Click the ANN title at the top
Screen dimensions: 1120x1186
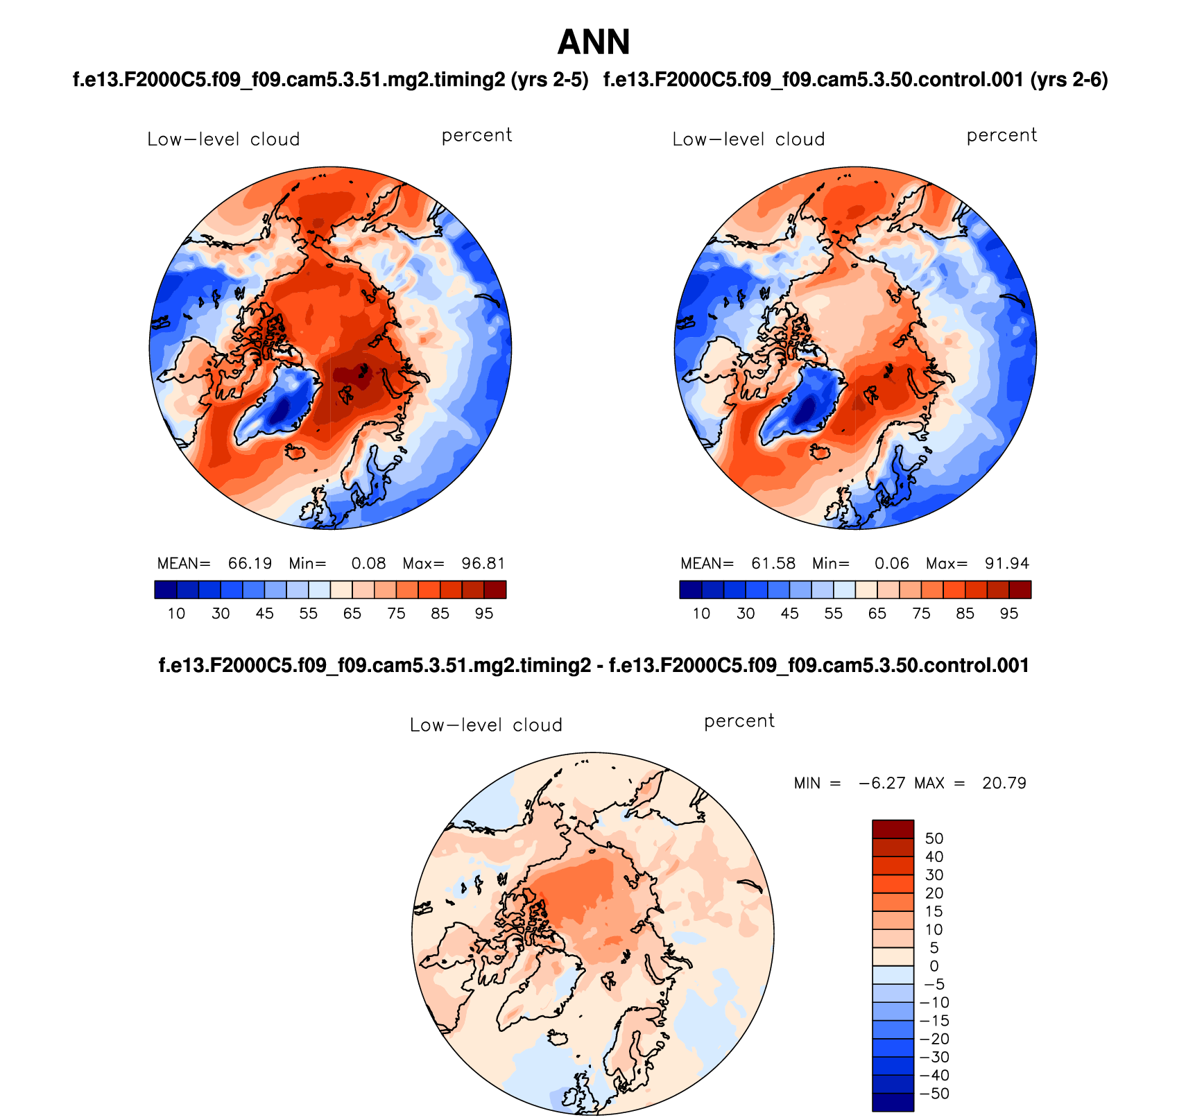pyautogui.click(x=594, y=43)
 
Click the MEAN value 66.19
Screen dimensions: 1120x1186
pyautogui.click(x=250, y=563)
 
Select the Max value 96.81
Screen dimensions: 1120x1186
pyautogui.click(x=483, y=563)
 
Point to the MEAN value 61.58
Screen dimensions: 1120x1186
pyautogui.click(x=773, y=563)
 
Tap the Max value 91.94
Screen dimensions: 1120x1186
pyautogui.click(x=1007, y=563)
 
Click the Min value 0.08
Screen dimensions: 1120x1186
pyautogui.click(x=368, y=563)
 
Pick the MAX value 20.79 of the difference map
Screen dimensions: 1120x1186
pyautogui.click(x=1004, y=784)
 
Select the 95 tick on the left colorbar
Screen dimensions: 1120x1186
pyautogui.click(x=484, y=614)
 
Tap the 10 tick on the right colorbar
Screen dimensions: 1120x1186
pyautogui.click(x=701, y=614)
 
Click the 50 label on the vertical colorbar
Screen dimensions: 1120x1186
pyautogui.click(x=934, y=838)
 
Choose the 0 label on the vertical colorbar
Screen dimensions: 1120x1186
pyautogui.click(x=934, y=966)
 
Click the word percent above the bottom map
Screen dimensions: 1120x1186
pyautogui.click(x=739, y=721)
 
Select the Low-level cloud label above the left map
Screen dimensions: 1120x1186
pyautogui.click(x=223, y=139)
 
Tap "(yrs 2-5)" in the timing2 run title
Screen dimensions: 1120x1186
pyautogui.click(x=549, y=80)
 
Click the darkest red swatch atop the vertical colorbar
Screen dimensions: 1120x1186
pyautogui.click(x=893, y=829)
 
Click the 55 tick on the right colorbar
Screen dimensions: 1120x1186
pyautogui.click(x=833, y=614)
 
